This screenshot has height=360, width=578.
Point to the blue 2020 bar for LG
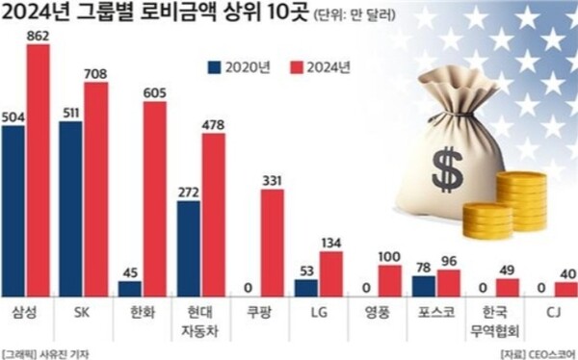pyautogui.click(x=306, y=287)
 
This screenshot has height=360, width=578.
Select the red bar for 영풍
pyautogui.click(x=390, y=280)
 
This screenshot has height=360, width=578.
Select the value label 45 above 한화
pyautogui.click(x=130, y=270)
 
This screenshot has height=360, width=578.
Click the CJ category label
pyautogui.click(x=553, y=314)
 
